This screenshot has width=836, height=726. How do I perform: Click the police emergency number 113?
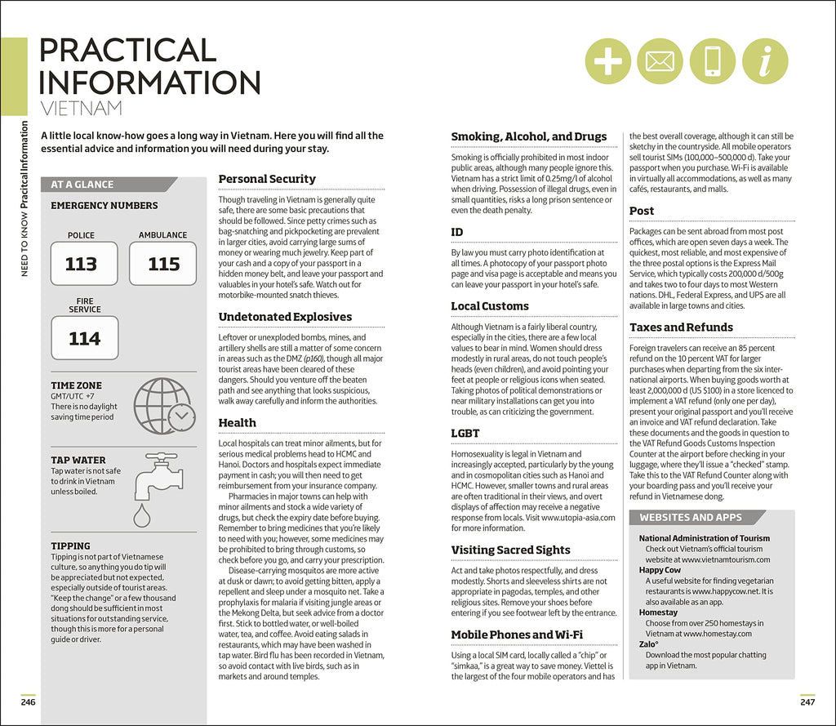tap(81, 264)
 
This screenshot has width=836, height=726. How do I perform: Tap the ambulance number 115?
tap(163, 264)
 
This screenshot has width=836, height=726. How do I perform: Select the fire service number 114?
tap(84, 338)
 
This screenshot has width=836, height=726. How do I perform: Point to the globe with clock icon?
tap(163, 405)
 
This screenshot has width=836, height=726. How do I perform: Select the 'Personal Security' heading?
tap(267, 179)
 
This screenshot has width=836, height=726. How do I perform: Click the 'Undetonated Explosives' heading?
tap(285, 317)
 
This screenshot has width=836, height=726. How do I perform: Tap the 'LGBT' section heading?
tap(465, 434)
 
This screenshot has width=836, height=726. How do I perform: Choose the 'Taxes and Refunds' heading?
tap(681, 327)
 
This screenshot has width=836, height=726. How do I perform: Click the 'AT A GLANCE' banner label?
tap(82, 185)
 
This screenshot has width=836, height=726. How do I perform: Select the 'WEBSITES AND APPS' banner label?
tap(691, 517)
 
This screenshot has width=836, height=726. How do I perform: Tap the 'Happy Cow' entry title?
tap(660, 570)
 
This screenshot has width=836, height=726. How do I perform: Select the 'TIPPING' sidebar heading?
tap(70, 546)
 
